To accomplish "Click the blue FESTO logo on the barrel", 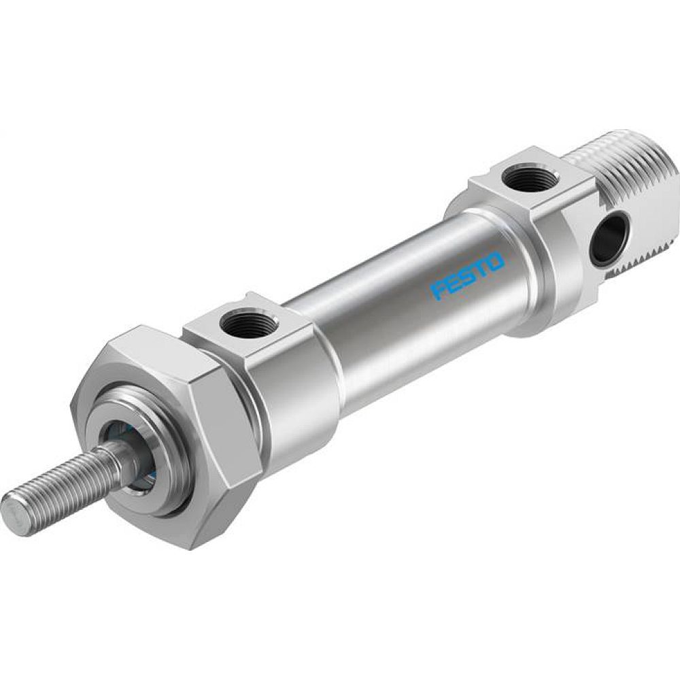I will point(467,276).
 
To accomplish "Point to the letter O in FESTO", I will point(495,260).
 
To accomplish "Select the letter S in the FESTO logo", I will point(468,275).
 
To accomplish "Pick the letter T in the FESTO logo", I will point(481,268).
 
